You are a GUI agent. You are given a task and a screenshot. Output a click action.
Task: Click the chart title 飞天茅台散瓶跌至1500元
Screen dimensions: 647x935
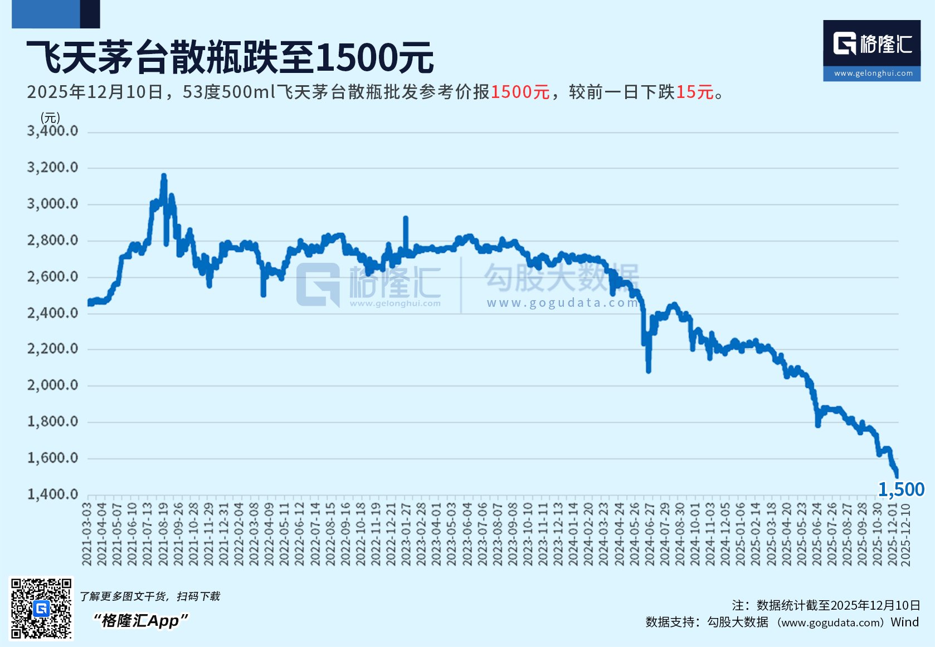pyautogui.click(x=230, y=57)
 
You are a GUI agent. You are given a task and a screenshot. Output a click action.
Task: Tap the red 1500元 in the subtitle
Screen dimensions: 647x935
pyautogui.click(x=520, y=92)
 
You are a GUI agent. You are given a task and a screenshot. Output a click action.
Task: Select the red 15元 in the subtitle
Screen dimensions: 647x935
pyautogui.click(x=695, y=92)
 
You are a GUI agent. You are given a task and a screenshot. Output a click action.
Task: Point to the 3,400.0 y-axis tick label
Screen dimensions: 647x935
pyautogui.click(x=53, y=131)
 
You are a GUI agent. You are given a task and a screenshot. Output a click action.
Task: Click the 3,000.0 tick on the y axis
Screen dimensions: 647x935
pyautogui.click(x=53, y=204)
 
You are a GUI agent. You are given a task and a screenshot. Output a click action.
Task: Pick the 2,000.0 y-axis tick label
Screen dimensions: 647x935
pyautogui.click(x=53, y=385)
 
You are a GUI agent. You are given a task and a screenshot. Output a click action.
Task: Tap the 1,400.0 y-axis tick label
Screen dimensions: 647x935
pyautogui.click(x=53, y=494)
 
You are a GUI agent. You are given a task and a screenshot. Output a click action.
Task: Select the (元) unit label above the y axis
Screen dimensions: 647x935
pyautogui.click(x=50, y=117)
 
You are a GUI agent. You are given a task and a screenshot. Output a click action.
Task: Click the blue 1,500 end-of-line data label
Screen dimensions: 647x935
pyautogui.click(x=901, y=489)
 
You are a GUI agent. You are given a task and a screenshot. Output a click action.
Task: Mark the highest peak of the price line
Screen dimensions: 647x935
pyautogui.click(x=164, y=176)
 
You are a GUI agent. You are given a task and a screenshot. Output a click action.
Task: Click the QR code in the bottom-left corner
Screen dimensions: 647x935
pyautogui.click(x=42, y=609)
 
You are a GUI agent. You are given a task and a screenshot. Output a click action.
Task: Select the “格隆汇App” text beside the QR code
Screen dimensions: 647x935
pyautogui.click(x=140, y=620)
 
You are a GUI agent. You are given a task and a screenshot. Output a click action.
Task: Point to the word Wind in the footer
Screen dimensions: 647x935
pyautogui.click(x=904, y=622)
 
